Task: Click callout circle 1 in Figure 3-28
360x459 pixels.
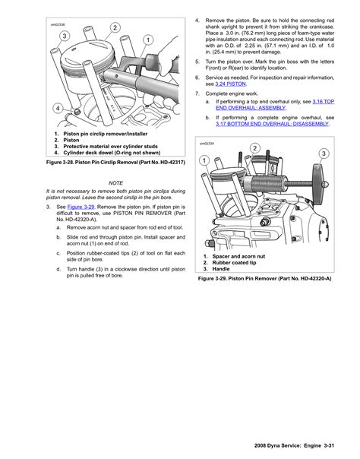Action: (x=148, y=40)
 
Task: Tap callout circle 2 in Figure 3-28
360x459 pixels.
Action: (x=115, y=27)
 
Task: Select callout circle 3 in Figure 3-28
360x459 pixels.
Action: (x=65, y=36)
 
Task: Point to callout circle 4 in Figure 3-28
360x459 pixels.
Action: (x=58, y=109)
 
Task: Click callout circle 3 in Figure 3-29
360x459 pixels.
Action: (x=324, y=154)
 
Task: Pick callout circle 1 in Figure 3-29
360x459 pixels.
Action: (x=204, y=160)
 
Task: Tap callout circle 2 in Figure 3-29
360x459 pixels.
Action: (x=254, y=148)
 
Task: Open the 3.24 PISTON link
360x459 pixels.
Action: (x=230, y=84)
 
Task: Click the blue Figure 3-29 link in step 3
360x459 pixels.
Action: (x=81, y=207)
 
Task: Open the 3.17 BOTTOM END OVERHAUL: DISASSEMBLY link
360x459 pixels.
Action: (x=272, y=124)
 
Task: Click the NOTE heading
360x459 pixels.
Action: (x=115, y=183)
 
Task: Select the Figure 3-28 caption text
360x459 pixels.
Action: (x=115, y=162)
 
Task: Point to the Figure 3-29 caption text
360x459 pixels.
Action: (x=264, y=278)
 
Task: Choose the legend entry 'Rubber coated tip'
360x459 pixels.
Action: (x=234, y=263)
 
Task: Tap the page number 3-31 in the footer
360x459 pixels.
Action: (x=329, y=446)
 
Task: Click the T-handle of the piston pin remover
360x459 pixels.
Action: (x=318, y=185)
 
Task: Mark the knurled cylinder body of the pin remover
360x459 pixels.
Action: (x=266, y=185)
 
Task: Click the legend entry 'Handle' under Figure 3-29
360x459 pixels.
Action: (x=221, y=269)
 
